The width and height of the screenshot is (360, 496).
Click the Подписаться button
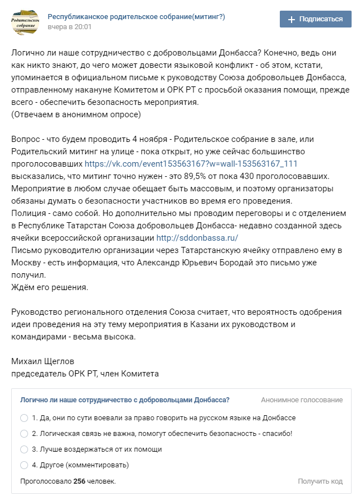click(315, 19)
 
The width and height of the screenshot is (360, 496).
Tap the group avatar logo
click(25, 22)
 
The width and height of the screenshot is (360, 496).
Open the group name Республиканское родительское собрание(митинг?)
click(136, 17)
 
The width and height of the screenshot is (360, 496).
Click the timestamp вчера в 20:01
click(70, 27)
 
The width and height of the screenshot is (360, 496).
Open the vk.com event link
click(191, 164)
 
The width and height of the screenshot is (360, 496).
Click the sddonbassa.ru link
click(205, 238)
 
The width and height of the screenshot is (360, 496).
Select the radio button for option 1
click(24, 418)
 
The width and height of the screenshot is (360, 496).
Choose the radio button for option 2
click(24, 434)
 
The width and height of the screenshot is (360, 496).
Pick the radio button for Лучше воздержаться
click(24, 449)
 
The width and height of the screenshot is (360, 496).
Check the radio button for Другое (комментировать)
click(24, 465)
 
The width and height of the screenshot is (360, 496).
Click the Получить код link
click(320, 481)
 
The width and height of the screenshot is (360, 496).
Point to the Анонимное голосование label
click(302, 400)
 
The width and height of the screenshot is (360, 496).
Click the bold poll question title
click(124, 400)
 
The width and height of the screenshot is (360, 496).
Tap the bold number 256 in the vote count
click(79, 481)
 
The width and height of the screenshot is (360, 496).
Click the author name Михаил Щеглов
click(43, 361)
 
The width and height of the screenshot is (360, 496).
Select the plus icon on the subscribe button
click(291, 19)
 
